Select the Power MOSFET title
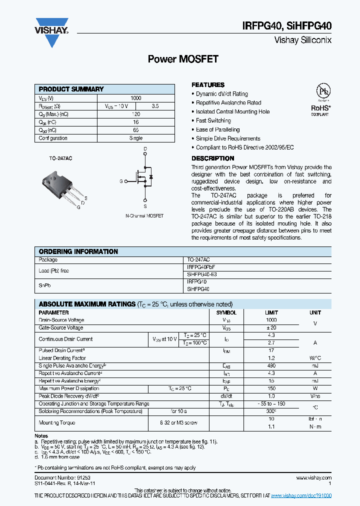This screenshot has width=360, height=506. [183, 59]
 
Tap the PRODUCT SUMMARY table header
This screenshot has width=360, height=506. [71, 89]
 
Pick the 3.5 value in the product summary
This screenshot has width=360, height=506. [155, 106]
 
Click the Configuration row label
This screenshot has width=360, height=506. [53, 138]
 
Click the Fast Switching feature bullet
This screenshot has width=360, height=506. [213, 120]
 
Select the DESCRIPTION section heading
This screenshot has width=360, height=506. [212, 158]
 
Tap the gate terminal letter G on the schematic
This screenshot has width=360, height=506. [120, 181]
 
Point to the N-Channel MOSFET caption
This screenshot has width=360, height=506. [144, 216]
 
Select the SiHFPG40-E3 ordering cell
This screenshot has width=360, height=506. [202, 274]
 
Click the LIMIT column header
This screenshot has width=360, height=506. [271, 312]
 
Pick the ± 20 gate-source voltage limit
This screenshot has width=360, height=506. [271, 328]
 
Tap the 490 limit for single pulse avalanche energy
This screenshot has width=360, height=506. [271, 366]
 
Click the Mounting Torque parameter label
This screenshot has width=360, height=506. [57, 422]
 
